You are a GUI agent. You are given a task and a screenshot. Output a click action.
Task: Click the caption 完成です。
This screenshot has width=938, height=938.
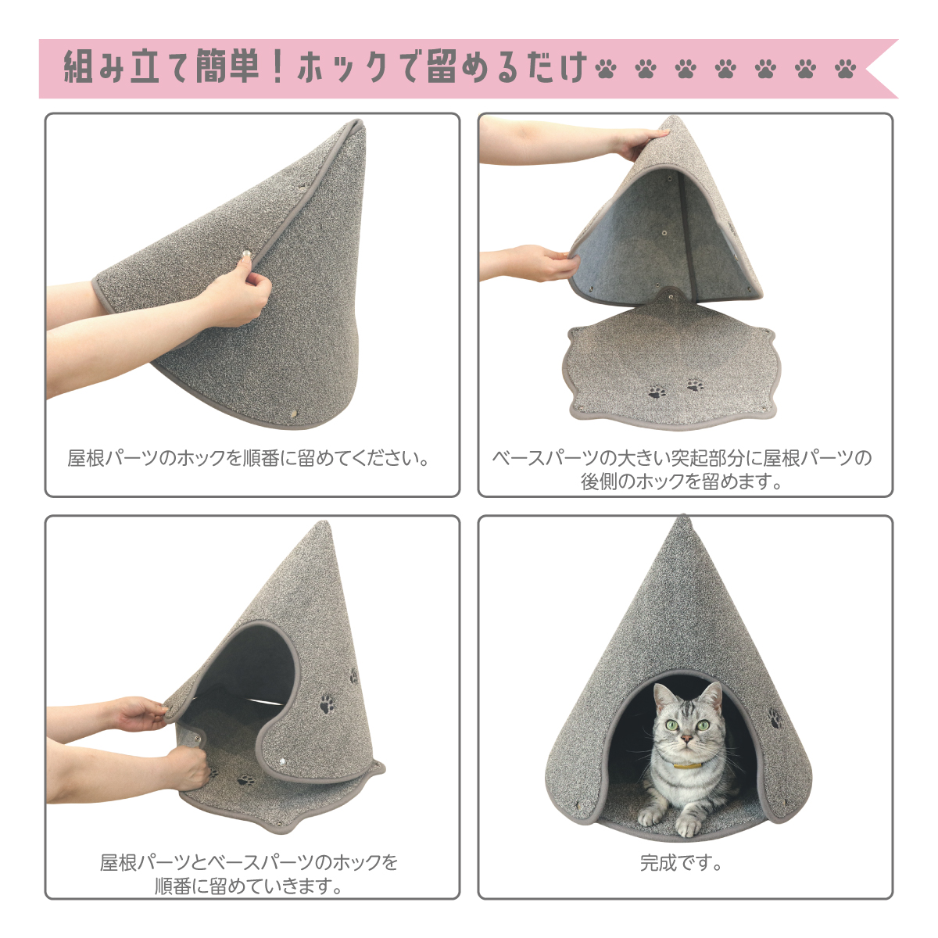point(681,863)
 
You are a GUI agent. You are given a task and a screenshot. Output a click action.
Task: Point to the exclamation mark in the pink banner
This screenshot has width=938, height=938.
point(278,67)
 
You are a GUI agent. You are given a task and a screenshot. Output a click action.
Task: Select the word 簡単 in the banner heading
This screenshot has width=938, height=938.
point(227,67)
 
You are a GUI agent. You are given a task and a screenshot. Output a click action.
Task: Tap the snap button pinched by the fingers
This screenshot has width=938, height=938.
point(246,255)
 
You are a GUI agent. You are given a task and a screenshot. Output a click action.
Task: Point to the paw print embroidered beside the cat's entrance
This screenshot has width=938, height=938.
point(775,718)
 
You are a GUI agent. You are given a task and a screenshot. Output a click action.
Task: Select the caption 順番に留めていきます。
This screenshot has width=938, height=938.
point(249,886)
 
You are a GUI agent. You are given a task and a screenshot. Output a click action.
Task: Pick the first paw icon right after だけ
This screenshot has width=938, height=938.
point(605,69)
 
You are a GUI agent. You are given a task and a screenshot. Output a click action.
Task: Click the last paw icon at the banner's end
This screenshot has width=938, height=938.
point(845,69)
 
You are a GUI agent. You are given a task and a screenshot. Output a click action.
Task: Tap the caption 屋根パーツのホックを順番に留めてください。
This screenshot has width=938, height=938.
point(249,458)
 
